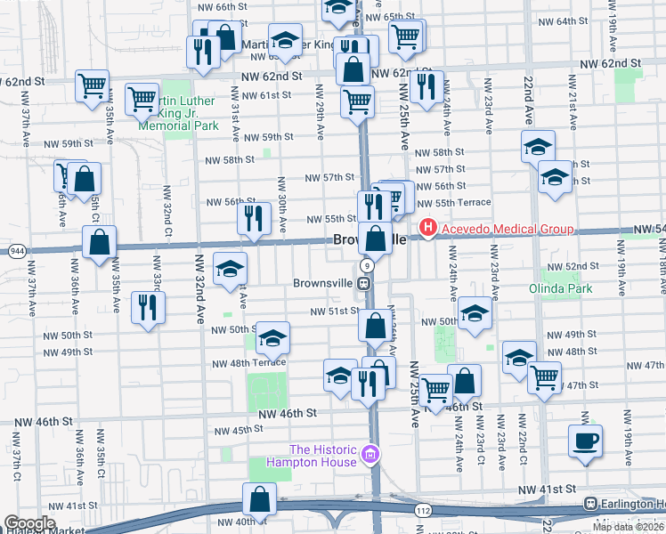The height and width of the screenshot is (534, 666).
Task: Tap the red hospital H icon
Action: click(428, 229)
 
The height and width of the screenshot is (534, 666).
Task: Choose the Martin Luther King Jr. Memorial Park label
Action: click(178, 113)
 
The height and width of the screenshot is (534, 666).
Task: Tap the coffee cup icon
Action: click(585, 441)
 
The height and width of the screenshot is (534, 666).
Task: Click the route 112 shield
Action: click(423, 510)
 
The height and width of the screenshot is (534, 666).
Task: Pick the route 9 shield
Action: click(366, 266)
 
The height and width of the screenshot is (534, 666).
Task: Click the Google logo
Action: click(29, 523)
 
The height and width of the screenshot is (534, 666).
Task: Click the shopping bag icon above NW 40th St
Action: click(259, 499)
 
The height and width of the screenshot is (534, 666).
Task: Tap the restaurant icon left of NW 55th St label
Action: click(254, 216)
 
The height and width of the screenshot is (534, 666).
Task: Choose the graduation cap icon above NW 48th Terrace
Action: click(272, 337)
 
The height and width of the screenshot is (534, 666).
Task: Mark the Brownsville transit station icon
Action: click(364, 283)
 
